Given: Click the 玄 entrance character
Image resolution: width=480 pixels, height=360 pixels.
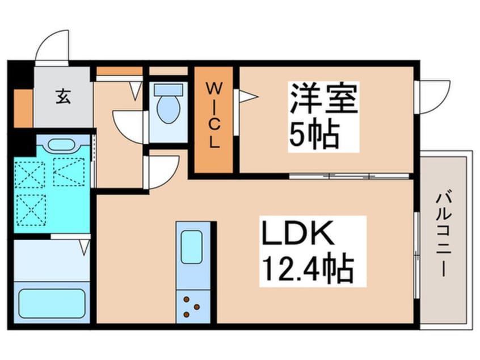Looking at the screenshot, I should pyautogui.click(x=62, y=97).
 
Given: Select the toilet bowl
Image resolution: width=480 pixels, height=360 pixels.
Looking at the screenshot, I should pyautogui.click(x=167, y=108).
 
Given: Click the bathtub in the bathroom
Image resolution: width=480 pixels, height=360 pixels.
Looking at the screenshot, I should pyautogui.click(x=52, y=304).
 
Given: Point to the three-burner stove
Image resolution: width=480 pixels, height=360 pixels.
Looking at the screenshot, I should pyautogui.click(x=191, y=307).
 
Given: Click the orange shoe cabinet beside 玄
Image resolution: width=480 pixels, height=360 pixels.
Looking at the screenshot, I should pyautogui.click(x=23, y=107).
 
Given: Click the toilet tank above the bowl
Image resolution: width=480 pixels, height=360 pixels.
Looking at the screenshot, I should pyautogui.click(x=169, y=89).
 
